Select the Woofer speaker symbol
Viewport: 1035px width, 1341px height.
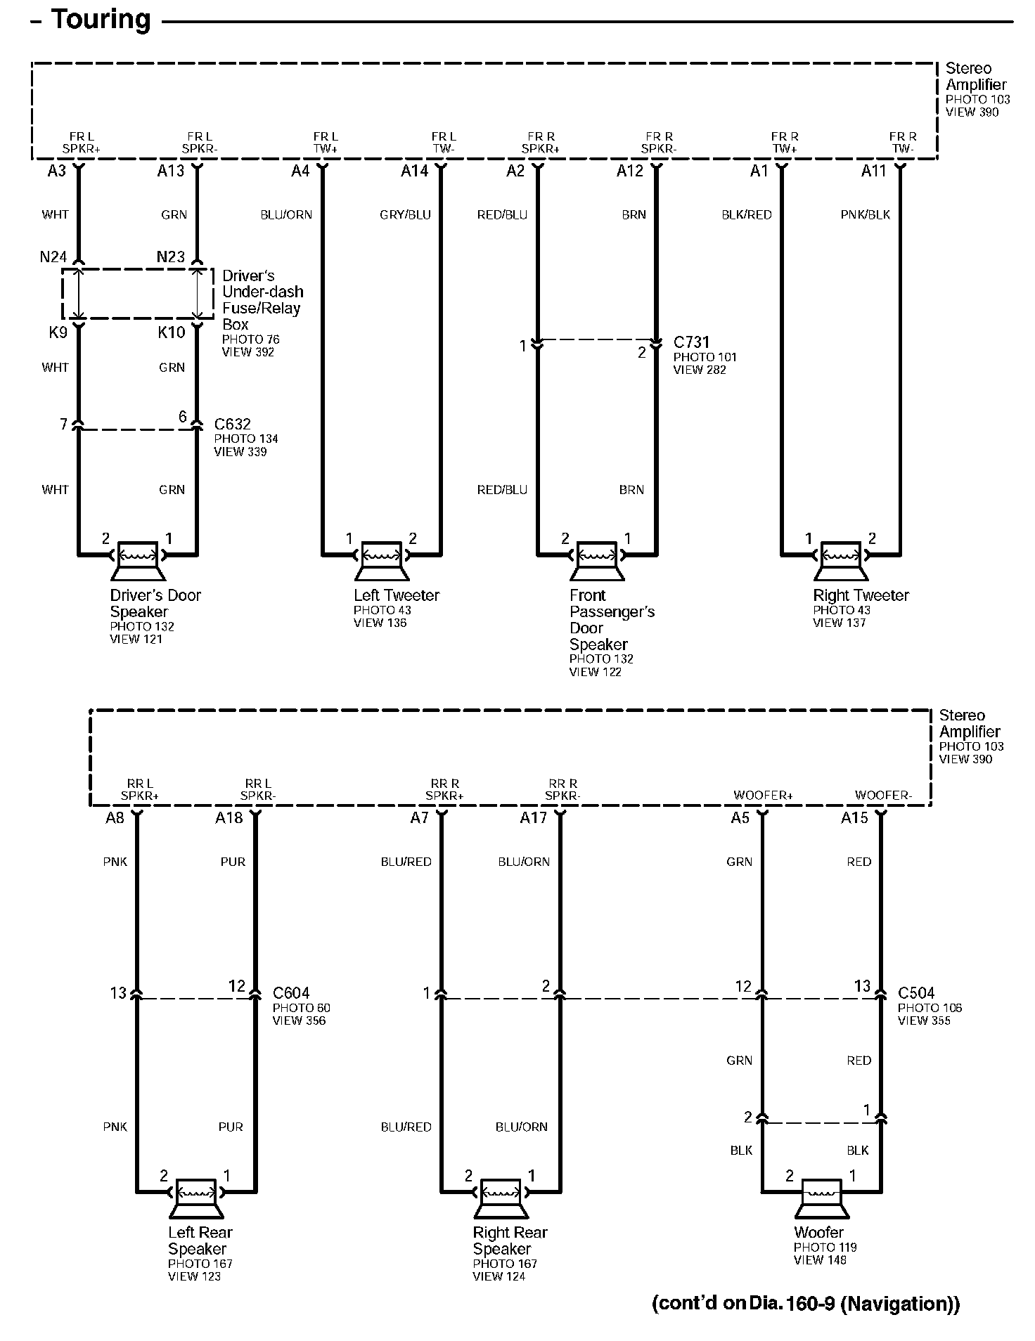coord(821,1196)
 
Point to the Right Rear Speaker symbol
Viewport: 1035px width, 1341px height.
coord(500,1196)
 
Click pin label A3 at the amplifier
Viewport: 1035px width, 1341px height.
coord(57,171)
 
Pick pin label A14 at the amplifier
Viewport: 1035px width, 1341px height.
coord(415,171)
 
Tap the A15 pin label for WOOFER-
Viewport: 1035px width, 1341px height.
coord(854,818)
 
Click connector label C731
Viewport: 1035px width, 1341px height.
coord(691,342)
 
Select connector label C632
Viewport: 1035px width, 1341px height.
coord(232,425)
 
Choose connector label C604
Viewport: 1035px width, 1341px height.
coord(291,993)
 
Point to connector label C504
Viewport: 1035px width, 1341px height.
coord(916,993)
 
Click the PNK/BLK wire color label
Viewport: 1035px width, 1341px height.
coord(865,215)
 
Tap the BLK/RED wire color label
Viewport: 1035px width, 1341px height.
coord(747,215)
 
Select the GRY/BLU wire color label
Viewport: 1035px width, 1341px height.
coord(405,215)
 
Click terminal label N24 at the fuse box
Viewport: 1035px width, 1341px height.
coord(53,257)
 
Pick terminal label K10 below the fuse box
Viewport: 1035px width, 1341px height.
coord(172,332)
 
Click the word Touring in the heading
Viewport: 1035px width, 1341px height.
coord(100,20)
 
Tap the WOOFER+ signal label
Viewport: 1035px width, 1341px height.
coord(763,796)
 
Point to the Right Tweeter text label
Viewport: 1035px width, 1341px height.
coord(861,595)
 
